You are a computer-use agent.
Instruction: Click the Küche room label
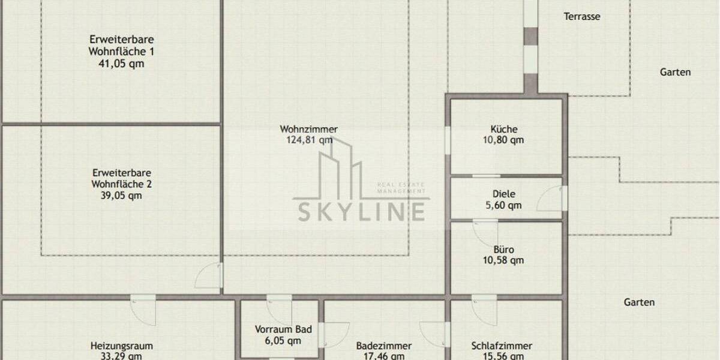(x=503, y=129)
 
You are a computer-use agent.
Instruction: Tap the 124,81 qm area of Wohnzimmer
(x=308, y=140)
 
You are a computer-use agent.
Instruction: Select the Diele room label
(x=503, y=194)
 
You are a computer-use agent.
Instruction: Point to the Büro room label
(x=503, y=250)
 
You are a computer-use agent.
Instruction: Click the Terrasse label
(x=581, y=17)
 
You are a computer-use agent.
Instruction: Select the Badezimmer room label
(x=383, y=346)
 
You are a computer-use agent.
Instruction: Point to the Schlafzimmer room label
(x=502, y=346)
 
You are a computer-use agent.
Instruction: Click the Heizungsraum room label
(x=121, y=346)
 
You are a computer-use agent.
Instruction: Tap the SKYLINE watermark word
(x=360, y=211)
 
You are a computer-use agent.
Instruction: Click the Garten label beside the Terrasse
(x=675, y=72)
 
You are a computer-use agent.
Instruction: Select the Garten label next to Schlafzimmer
(x=639, y=302)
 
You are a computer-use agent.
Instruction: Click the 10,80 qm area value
(x=503, y=140)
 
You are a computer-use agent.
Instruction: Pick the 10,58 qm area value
(x=503, y=260)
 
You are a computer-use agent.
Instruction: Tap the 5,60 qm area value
(x=503, y=205)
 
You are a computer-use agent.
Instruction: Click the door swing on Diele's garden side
(x=549, y=199)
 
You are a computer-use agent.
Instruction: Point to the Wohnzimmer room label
(x=308, y=129)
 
